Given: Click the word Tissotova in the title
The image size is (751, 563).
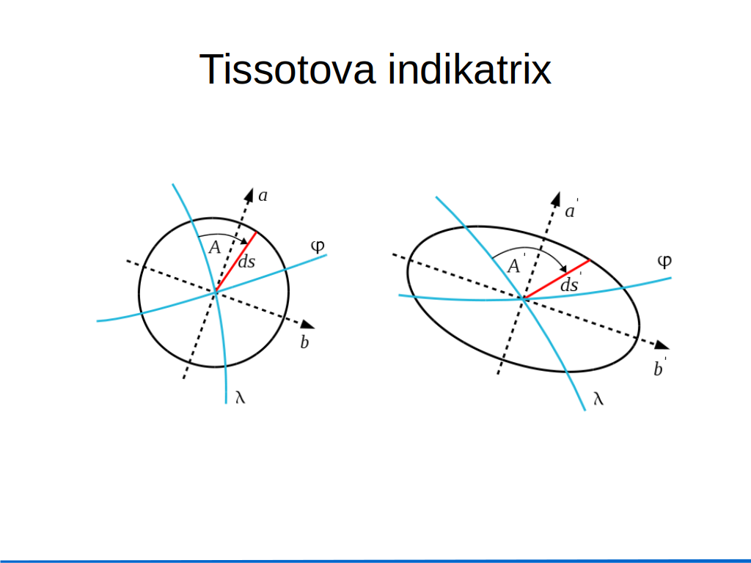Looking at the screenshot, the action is point(287,70).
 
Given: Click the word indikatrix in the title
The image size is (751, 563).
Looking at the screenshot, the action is point(469,70).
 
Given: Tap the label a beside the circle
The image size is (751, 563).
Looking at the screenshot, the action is point(263,196).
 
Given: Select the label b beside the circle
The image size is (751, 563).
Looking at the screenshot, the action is point(304,342).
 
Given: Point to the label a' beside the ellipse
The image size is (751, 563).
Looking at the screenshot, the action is point(571,210).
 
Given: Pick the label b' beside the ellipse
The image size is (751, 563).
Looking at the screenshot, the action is point(660,368).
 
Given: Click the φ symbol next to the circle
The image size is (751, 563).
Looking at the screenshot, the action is point(318,246).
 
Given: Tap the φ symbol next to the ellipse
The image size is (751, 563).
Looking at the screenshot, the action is point(664,262).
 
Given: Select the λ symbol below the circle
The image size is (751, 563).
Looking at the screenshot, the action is point(241,397).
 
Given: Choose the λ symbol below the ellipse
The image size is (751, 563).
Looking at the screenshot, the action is point(598,398).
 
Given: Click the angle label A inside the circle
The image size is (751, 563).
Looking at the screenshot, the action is point(215,248).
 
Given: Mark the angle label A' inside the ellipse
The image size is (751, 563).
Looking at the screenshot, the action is point(516,265).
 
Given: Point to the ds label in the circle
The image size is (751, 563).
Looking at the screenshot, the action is point(246,262).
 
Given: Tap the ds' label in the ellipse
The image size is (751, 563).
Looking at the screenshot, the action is point(571,284).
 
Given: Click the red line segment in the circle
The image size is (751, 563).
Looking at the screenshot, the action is point(235,262).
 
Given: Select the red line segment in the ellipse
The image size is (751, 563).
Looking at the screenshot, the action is point(557,279).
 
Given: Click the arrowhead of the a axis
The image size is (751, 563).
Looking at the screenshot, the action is point(249,195).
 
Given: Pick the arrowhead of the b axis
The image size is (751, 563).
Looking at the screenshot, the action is point(307,325).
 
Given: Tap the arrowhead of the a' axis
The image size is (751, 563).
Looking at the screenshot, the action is point(556,199).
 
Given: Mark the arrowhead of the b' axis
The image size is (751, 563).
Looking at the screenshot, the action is point(662,345).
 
